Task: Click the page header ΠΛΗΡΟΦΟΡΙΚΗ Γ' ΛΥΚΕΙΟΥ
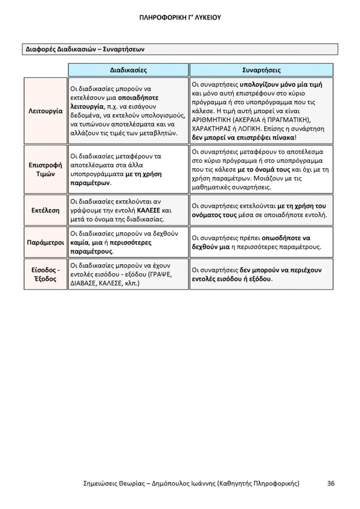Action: point(180,18)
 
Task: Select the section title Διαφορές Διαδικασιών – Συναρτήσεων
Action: point(83,49)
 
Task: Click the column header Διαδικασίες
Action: point(128,70)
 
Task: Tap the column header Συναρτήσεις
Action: point(261,70)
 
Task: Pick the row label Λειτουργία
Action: point(45,111)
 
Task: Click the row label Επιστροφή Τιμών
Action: point(45,170)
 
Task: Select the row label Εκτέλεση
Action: point(45,210)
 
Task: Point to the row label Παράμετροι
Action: point(45,242)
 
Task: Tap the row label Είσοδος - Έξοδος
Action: point(45,274)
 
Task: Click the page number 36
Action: point(331,483)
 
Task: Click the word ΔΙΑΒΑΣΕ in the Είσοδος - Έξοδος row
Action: point(83,283)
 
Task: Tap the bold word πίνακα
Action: point(283,138)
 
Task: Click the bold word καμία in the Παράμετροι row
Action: point(79,243)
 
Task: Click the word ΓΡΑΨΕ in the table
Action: point(161,274)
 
